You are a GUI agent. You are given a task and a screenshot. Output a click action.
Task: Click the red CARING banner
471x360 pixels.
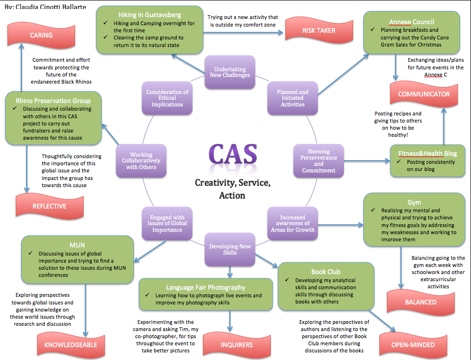(x=41, y=36)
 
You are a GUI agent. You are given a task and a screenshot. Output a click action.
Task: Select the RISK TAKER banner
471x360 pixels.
(x=319, y=30)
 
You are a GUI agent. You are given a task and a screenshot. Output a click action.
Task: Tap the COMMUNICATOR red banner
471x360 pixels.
(x=423, y=94)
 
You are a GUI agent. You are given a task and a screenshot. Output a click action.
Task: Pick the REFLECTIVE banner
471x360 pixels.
(x=49, y=206)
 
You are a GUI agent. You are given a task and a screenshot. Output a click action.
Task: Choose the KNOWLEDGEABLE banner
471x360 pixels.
(x=71, y=345)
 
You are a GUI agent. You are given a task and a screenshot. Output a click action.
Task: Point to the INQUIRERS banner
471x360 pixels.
(x=237, y=344)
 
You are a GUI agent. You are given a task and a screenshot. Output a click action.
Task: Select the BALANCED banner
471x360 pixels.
(x=421, y=302)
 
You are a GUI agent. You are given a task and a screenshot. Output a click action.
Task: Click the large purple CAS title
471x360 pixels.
(x=233, y=154)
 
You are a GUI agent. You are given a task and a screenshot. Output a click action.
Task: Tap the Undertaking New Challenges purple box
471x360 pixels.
(x=230, y=72)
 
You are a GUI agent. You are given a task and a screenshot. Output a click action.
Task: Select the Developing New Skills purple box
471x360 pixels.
(x=230, y=249)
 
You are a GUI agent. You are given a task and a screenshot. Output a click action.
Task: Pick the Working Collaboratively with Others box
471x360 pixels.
(x=141, y=161)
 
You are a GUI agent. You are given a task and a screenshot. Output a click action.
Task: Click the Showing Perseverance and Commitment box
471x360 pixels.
(x=318, y=161)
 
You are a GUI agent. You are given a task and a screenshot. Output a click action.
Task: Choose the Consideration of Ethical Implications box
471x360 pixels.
(x=167, y=98)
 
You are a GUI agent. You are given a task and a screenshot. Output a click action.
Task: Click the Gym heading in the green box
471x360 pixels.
(x=414, y=202)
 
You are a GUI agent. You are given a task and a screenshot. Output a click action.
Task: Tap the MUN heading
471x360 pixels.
(x=77, y=245)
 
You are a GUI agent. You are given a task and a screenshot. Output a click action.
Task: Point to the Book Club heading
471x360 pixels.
(x=326, y=272)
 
